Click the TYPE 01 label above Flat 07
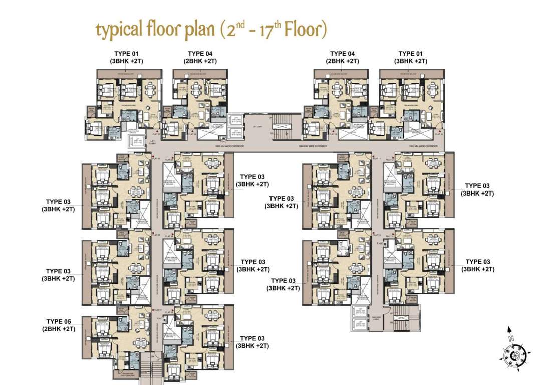click(127, 57)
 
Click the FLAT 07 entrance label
click(155, 134)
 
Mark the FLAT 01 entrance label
click(157, 309)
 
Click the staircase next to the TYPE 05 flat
click(146, 368)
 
